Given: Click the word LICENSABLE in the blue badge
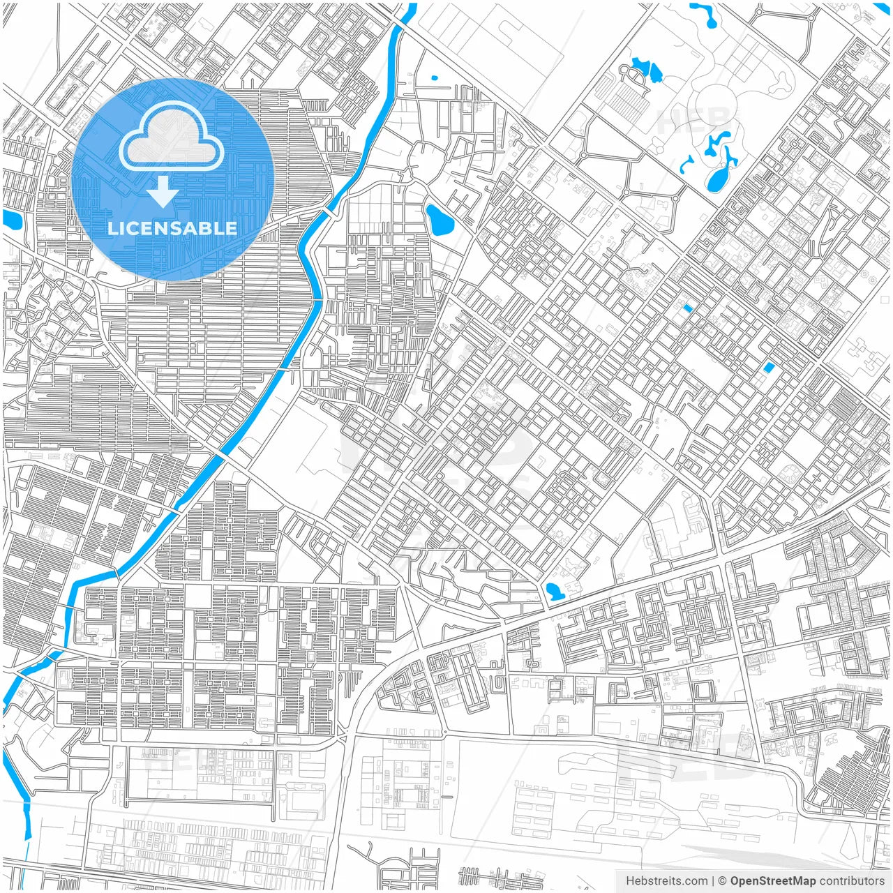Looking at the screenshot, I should click(x=172, y=228).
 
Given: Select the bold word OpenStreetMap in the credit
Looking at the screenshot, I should click(x=773, y=881).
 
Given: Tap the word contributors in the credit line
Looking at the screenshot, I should click(x=852, y=881).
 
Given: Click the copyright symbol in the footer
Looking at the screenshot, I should click(x=723, y=881).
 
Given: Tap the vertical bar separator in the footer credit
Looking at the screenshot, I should click(x=713, y=881).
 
